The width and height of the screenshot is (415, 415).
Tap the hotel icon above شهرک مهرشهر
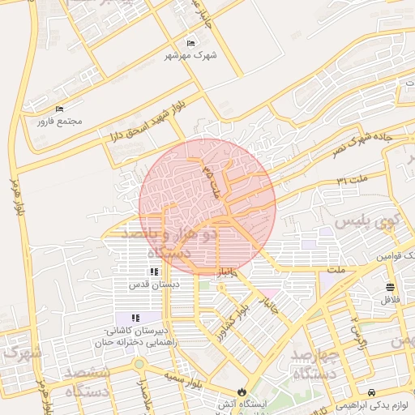point(190,43)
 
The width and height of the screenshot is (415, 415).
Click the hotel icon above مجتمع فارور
point(58,109)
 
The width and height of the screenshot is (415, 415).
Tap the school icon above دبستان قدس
point(153,272)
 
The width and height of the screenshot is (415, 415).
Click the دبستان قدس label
point(153,285)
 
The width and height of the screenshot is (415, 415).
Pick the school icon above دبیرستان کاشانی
point(135,318)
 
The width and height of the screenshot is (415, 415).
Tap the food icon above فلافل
point(391,288)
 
